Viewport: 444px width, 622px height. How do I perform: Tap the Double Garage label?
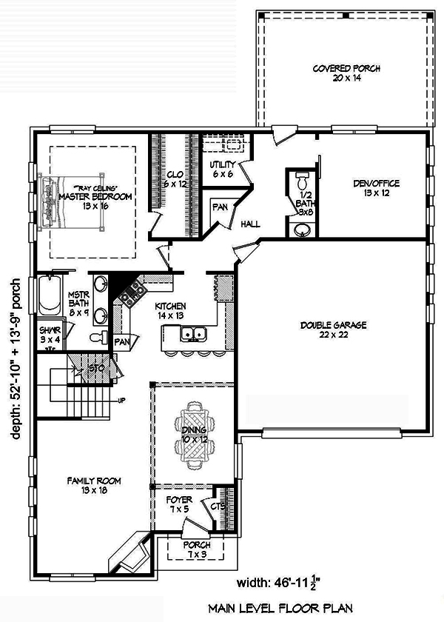point(334,330)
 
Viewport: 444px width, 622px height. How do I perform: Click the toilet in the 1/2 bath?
point(301,181)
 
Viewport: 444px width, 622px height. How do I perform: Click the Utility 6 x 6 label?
point(222,170)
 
